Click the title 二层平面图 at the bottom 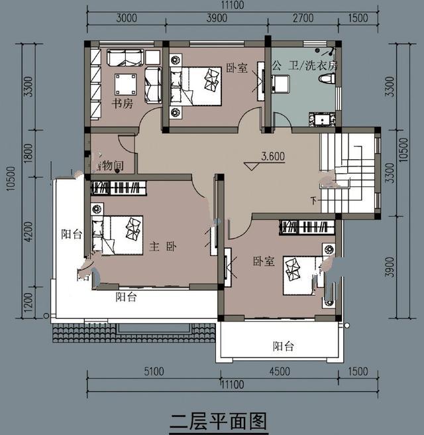point(218,420)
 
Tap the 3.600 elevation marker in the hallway point(272,157)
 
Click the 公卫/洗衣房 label point(305,66)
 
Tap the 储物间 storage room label point(109,164)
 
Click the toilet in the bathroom point(327,79)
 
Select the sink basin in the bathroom point(323,120)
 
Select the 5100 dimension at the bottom point(153,372)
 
